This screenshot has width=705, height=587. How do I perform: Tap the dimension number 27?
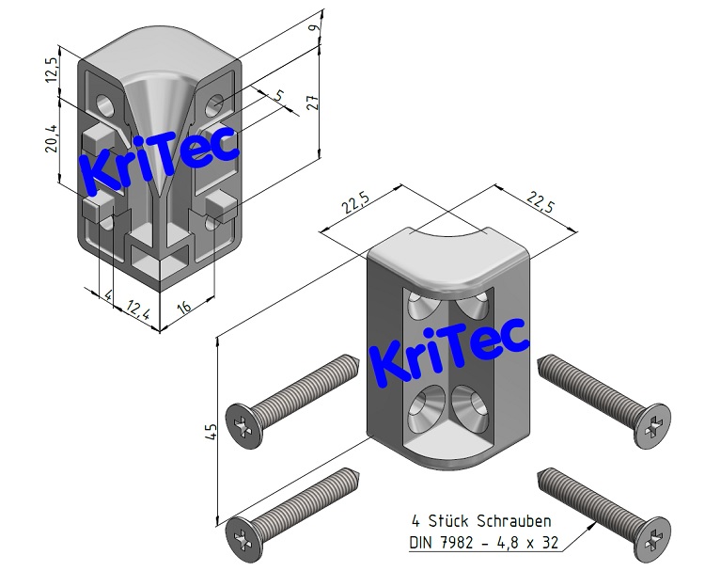click(315, 103)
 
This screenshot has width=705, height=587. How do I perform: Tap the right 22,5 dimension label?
click(538, 201)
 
